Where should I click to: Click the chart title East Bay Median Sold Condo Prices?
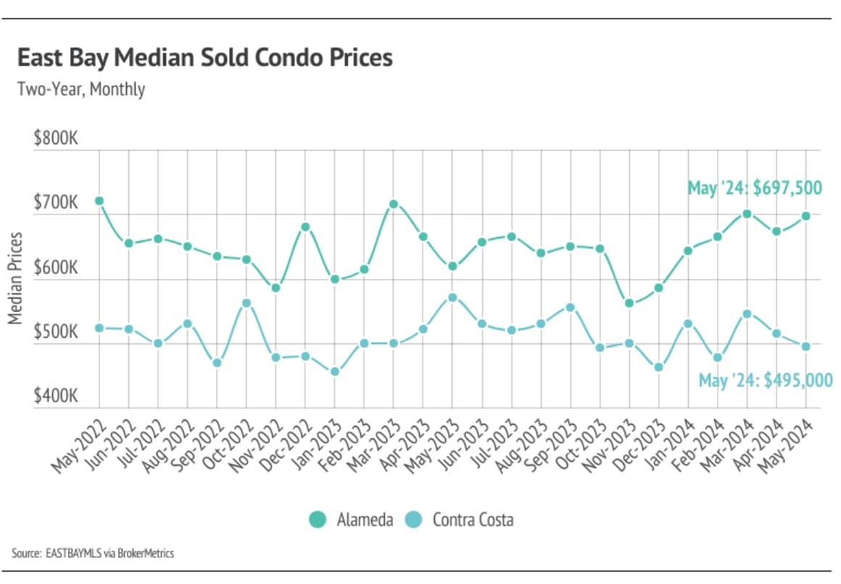click(x=204, y=58)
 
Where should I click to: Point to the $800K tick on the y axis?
click(x=56, y=138)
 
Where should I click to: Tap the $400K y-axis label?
click(x=56, y=397)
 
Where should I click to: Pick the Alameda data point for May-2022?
click(x=99, y=201)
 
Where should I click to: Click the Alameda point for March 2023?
click(x=394, y=204)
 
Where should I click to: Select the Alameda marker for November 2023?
click(x=629, y=303)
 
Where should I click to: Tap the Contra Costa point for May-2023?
click(x=452, y=297)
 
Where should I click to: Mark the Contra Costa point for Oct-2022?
click(x=246, y=303)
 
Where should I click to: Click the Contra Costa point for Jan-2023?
click(x=335, y=372)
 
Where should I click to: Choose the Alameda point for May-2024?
click(x=805, y=216)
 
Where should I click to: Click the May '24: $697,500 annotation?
click(x=754, y=188)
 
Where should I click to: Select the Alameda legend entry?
click(x=352, y=520)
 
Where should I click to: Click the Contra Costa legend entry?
click(x=460, y=520)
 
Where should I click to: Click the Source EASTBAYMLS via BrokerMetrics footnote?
click(x=93, y=554)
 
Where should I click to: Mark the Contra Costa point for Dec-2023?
click(x=658, y=367)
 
